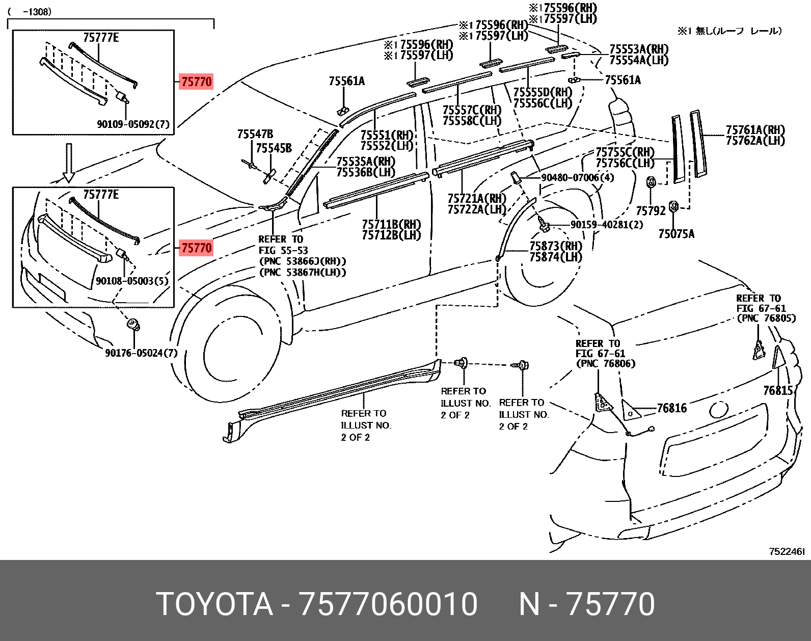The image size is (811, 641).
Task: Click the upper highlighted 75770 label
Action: click(x=196, y=82)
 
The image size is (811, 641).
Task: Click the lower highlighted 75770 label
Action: click(x=196, y=248)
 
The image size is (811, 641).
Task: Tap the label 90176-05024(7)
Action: click(x=141, y=353)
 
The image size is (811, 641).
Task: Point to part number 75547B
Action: click(x=255, y=134)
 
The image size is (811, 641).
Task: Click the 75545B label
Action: click(x=274, y=148)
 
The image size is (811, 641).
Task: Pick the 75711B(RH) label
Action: click(x=391, y=224)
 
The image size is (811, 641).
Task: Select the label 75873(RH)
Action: click(x=556, y=246)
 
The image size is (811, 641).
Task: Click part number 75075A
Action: click(x=676, y=234)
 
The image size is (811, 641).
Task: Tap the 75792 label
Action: click(x=651, y=210)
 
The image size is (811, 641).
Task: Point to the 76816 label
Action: click(x=671, y=408)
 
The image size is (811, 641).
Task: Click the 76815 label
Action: click(x=778, y=390)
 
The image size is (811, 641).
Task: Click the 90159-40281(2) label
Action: click(x=606, y=224)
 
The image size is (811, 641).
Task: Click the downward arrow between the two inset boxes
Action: click(x=69, y=162)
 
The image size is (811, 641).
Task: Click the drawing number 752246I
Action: click(x=787, y=551)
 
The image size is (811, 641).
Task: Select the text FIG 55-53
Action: click(x=283, y=250)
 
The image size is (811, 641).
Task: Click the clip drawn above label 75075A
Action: click(x=672, y=206)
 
